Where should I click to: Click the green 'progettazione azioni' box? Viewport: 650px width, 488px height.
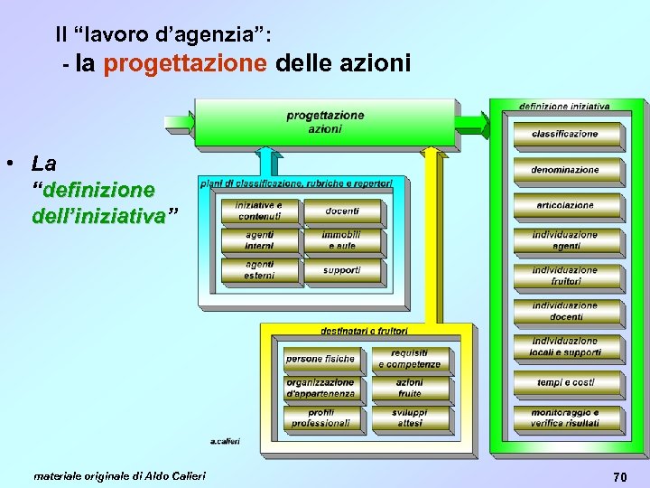(325, 122)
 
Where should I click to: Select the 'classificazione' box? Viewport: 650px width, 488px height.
(565, 134)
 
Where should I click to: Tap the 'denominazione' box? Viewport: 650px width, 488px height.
(565, 169)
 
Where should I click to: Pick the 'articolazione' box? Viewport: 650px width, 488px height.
(565, 205)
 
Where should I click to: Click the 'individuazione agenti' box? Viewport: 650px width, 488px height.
(565, 240)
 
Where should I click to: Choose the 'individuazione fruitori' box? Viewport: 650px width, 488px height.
(565, 276)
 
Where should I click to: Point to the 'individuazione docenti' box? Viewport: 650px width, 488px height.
(565, 311)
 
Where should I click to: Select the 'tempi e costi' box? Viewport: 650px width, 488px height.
(565, 382)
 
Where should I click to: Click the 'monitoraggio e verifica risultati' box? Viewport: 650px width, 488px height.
(565, 418)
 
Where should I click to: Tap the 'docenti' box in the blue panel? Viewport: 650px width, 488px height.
(342, 211)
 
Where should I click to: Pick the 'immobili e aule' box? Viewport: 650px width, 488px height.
(342, 240)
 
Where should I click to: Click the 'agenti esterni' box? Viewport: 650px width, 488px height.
(259, 270)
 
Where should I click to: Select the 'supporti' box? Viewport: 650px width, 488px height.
(342, 270)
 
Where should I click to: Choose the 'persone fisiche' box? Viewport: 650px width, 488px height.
(320, 359)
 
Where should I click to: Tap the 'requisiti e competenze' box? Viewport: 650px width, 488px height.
(409, 359)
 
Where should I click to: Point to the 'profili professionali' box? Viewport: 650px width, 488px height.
(320, 418)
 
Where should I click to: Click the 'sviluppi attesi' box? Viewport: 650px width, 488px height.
(409, 418)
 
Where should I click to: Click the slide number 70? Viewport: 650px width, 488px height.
(619, 476)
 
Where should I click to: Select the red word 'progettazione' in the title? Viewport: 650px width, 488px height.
(185, 64)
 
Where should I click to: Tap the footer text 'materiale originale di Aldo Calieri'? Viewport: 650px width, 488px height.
(119, 475)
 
